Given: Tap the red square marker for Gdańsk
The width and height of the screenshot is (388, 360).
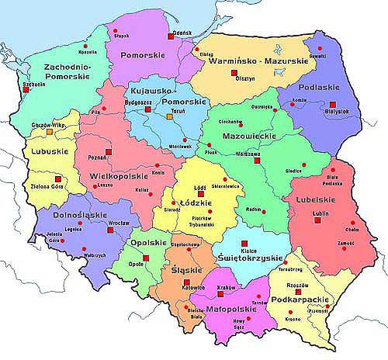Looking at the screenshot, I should (x=170, y=36).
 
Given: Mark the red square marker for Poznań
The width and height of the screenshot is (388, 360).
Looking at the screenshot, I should (x=108, y=152).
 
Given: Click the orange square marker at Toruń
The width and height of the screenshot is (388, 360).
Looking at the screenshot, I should (x=170, y=117).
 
